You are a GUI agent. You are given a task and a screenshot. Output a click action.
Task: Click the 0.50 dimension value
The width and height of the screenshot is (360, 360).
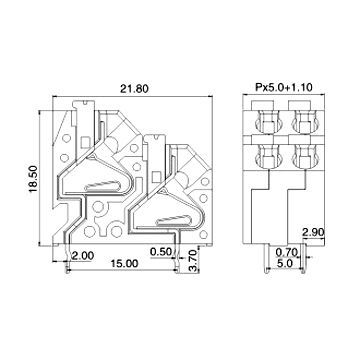click(159, 251)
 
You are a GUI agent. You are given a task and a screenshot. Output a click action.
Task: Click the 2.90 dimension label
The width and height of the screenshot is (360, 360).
click(313, 232)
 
